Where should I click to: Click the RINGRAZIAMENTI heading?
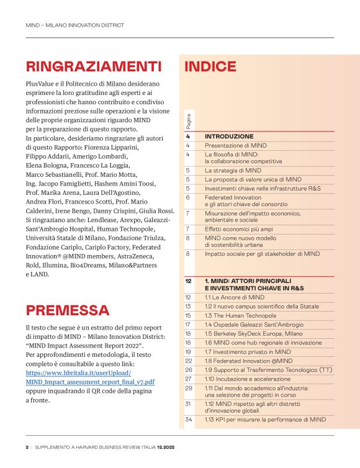click(93, 66)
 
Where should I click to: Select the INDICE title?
click(210, 67)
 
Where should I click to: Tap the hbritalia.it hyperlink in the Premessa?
click(90, 377)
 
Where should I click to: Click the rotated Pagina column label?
click(188, 120)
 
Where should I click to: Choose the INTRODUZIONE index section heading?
click(229, 136)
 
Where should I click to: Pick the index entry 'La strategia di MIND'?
click(233, 170)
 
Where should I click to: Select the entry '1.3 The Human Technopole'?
click(241, 315)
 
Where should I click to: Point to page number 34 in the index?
click(188, 420)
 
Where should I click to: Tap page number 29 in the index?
click(188, 387)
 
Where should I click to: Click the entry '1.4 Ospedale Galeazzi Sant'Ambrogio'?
click(254, 325)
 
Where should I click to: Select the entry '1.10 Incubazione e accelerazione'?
click(247, 378)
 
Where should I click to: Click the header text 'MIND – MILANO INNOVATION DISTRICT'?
click(74, 25)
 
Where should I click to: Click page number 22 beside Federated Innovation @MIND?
click(188, 360)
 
